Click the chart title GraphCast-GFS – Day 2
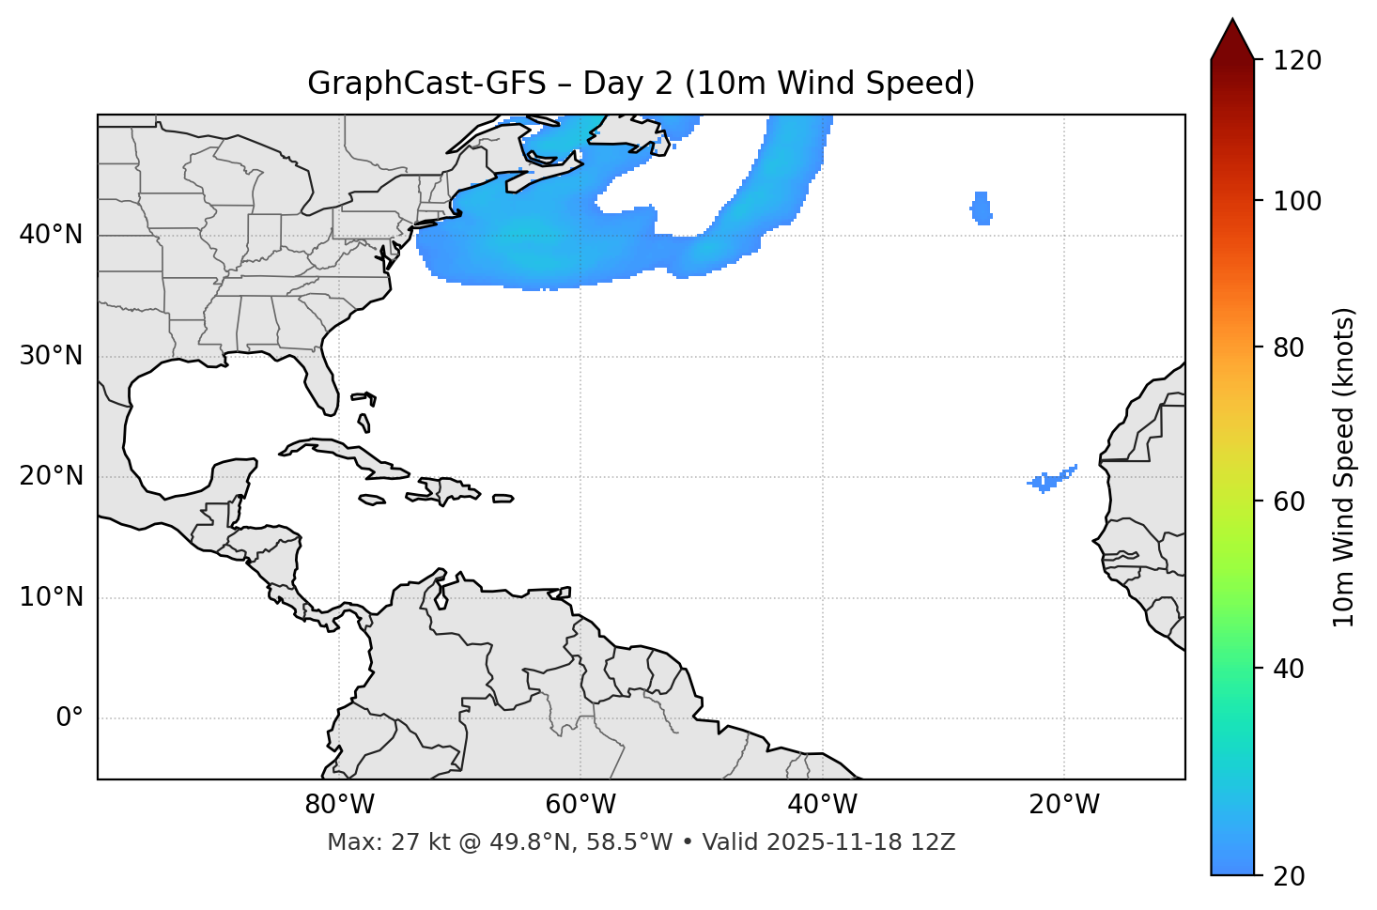641,84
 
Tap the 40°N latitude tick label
51,234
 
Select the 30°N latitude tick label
51,356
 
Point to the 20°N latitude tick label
51,476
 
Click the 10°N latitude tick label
51,597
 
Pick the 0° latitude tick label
70,718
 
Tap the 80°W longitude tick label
339,805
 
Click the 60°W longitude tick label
580,805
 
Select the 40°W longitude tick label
822,805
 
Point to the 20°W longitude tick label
1064,805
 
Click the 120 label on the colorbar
1297,60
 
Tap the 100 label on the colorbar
1297,201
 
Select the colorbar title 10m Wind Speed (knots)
1344,467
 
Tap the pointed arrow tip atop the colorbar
1231,23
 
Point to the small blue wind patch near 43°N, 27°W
982,208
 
